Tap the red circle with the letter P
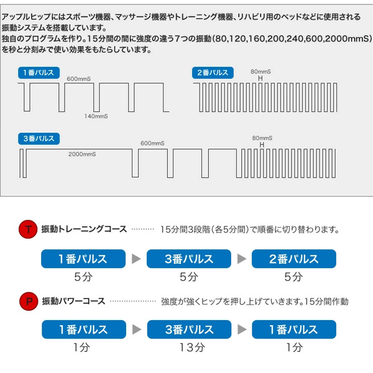(x=27, y=302)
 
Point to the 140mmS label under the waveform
(x=96, y=116)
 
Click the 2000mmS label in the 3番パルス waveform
(x=81, y=152)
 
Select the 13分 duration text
(x=189, y=348)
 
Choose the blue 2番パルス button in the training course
(x=294, y=258)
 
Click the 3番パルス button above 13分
(x=189, y=329)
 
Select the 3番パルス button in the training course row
(x=189, y=258)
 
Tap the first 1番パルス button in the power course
(x=83, y=329)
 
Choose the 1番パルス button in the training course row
(x=83, y=258)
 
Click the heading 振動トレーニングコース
(x=84, y=229)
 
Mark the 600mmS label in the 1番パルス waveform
(x=80, y=79)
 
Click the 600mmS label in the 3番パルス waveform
(x=153, y=144)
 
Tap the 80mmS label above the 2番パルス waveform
(x=262, y=71)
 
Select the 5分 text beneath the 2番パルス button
(x=294, y=277)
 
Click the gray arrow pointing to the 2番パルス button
(x=241, y=258)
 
